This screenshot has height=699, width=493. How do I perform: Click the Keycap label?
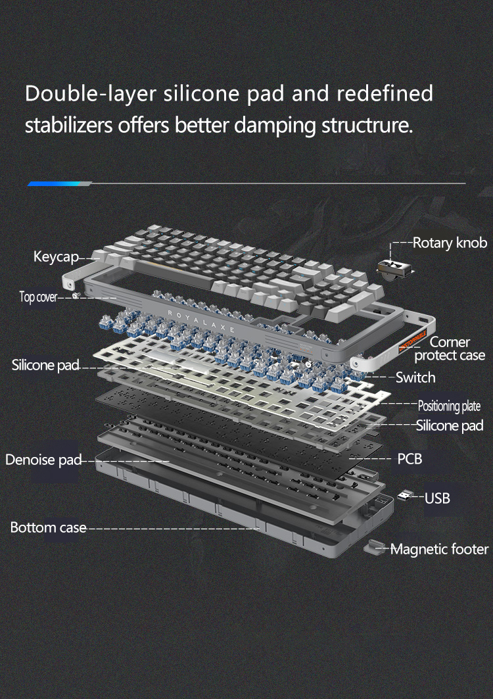tap(56, 256)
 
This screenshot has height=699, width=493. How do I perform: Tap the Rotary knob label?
tap(450, 243)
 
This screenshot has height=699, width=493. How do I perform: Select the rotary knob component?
tap(395, 270)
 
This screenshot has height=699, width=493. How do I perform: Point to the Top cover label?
tap(38, 297)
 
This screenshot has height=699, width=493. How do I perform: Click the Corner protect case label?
tap(450, 349)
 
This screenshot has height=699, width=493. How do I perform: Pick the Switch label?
tap(415, 377)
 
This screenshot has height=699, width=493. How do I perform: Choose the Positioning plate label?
tap(450, 406)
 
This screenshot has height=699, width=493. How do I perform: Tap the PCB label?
tap(410, 459)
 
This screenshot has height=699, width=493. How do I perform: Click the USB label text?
tap(437, 498)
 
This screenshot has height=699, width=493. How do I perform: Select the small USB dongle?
tap(405, 495)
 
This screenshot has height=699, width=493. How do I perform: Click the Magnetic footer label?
tap(440, 549)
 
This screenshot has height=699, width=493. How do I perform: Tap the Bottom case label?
tap(48, 528)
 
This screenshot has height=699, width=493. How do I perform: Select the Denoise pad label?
tap(43, 460)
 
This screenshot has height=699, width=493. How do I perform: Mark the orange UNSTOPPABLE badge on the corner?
tap(413, 341)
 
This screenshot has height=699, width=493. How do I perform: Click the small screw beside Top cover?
tap(76, 295)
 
